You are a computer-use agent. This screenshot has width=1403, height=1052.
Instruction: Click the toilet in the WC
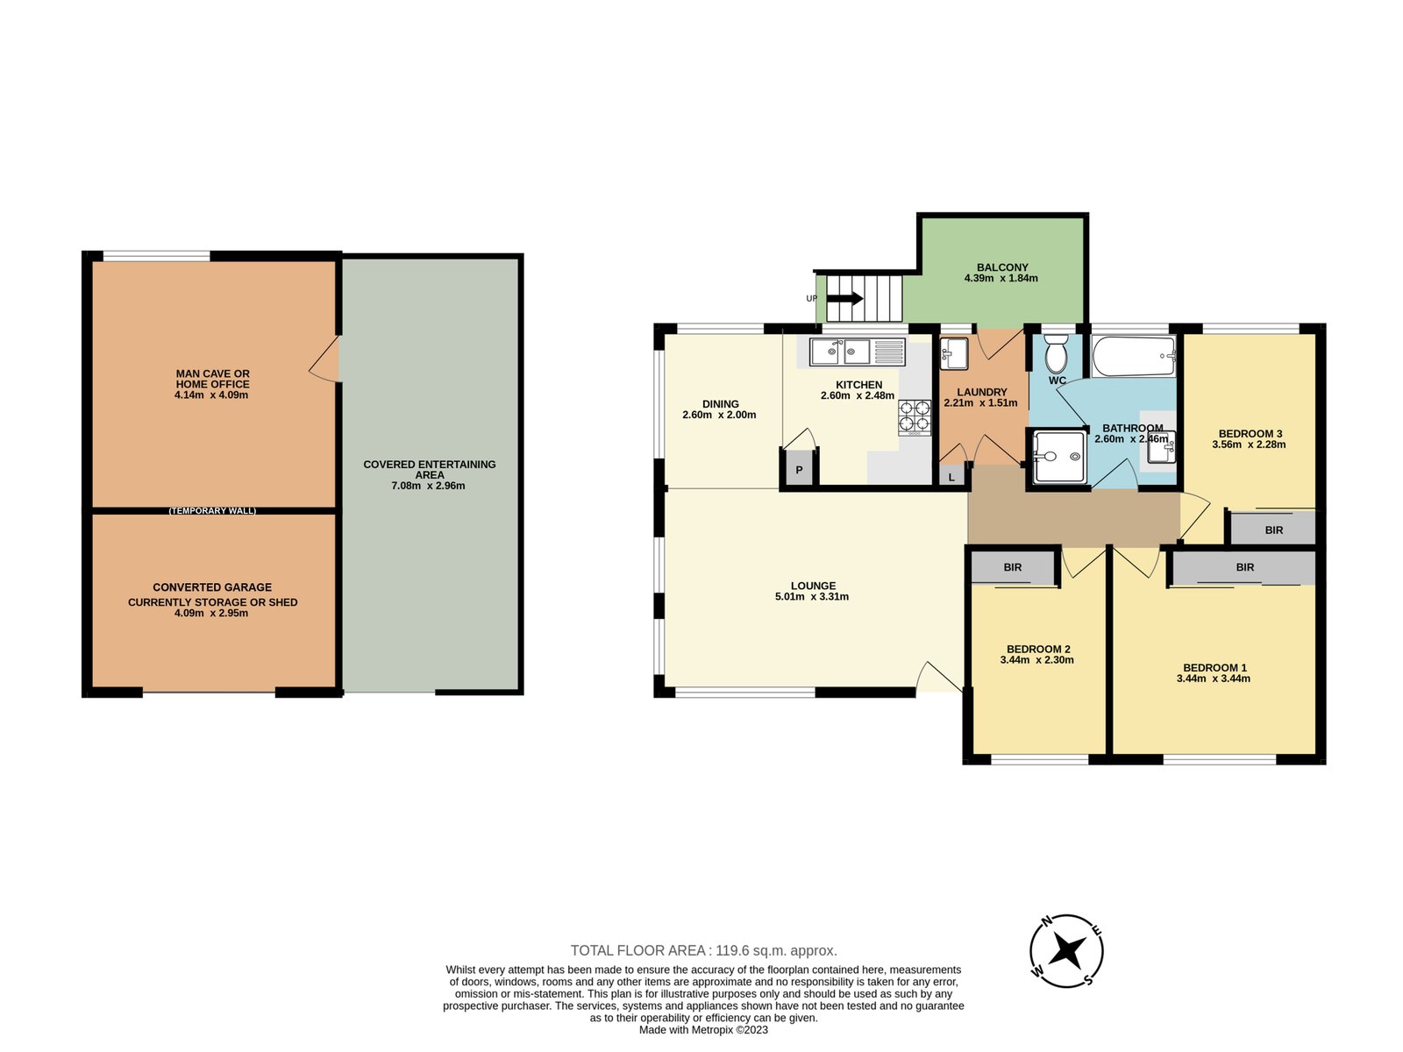pos(1055,354)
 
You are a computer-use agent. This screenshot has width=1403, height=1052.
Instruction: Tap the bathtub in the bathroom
pos(1134,357)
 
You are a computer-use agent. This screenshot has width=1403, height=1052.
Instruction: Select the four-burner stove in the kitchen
pos(914,417)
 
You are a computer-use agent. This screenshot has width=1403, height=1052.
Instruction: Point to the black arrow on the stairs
pos(844,298)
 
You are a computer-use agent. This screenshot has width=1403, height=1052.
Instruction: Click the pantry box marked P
pos(798,470)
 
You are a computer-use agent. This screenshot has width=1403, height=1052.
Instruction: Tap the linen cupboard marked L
pos(951,477)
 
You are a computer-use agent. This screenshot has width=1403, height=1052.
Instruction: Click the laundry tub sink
pos(954,353)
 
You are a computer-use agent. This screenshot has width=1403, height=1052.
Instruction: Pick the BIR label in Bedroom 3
pos(1273,530)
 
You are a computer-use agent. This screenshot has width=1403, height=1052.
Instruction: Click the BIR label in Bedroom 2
pos(1012,566)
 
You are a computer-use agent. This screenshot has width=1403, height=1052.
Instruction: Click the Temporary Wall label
pos(212,510)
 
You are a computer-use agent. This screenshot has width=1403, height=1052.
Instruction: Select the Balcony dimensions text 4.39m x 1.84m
pos(1001,278)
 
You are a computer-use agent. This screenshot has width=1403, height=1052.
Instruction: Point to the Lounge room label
pos(812,585)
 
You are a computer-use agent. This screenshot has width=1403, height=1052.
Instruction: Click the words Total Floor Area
pos(638,950)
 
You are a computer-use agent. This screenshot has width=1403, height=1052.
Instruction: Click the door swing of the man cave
pos(324,359)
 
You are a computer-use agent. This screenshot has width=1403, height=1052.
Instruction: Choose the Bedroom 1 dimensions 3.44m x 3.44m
pos(1213,679)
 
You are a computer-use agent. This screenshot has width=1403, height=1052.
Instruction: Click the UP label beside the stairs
pos(811,298)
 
